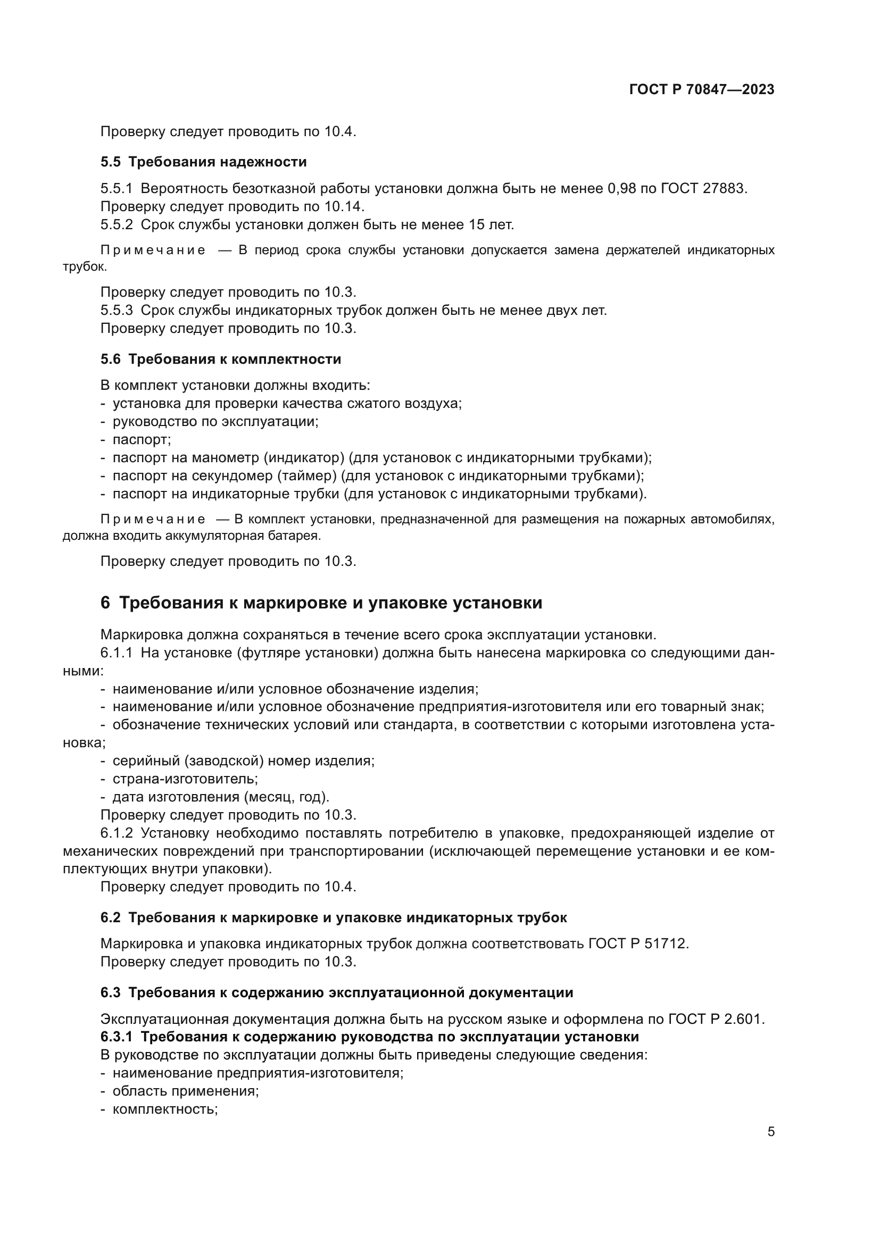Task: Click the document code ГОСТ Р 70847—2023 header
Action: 702,90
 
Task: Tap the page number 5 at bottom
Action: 770,1132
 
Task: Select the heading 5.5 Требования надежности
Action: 203,162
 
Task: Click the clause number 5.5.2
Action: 117,224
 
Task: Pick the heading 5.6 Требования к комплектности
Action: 221,359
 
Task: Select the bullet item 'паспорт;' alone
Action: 142,439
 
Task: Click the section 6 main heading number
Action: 105,603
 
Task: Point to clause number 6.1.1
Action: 117,653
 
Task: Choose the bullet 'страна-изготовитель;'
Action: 185,779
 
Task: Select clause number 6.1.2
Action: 117,833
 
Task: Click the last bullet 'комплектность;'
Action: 165,1109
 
